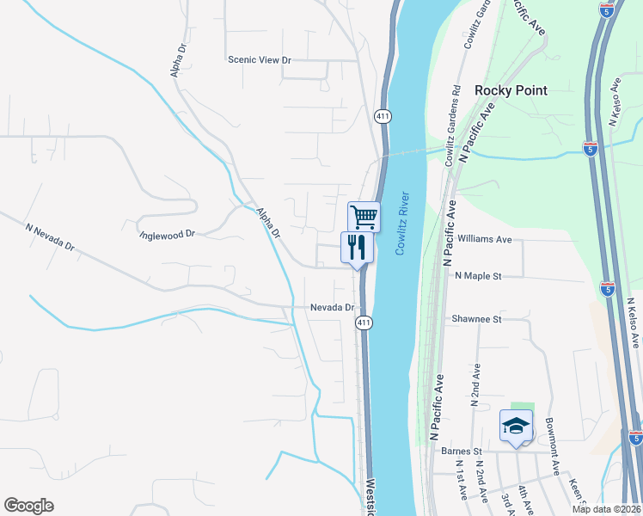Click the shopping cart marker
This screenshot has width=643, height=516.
tap(364, 216)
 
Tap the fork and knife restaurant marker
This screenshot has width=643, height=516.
tap(357, 247)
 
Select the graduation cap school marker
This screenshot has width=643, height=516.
tap(516, 427)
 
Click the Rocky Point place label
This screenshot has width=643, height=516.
tap(511, 90)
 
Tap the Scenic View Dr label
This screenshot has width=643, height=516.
tap(260, 60)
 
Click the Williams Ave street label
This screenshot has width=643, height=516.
tap(485, 239)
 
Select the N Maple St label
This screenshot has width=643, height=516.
tap(477, 276)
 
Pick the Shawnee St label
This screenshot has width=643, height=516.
tap(476, 319)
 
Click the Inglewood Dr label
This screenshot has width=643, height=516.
tap(168, 233)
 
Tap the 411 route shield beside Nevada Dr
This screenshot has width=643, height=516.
tap(364, 322)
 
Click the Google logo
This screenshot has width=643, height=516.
tap(28, 506)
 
